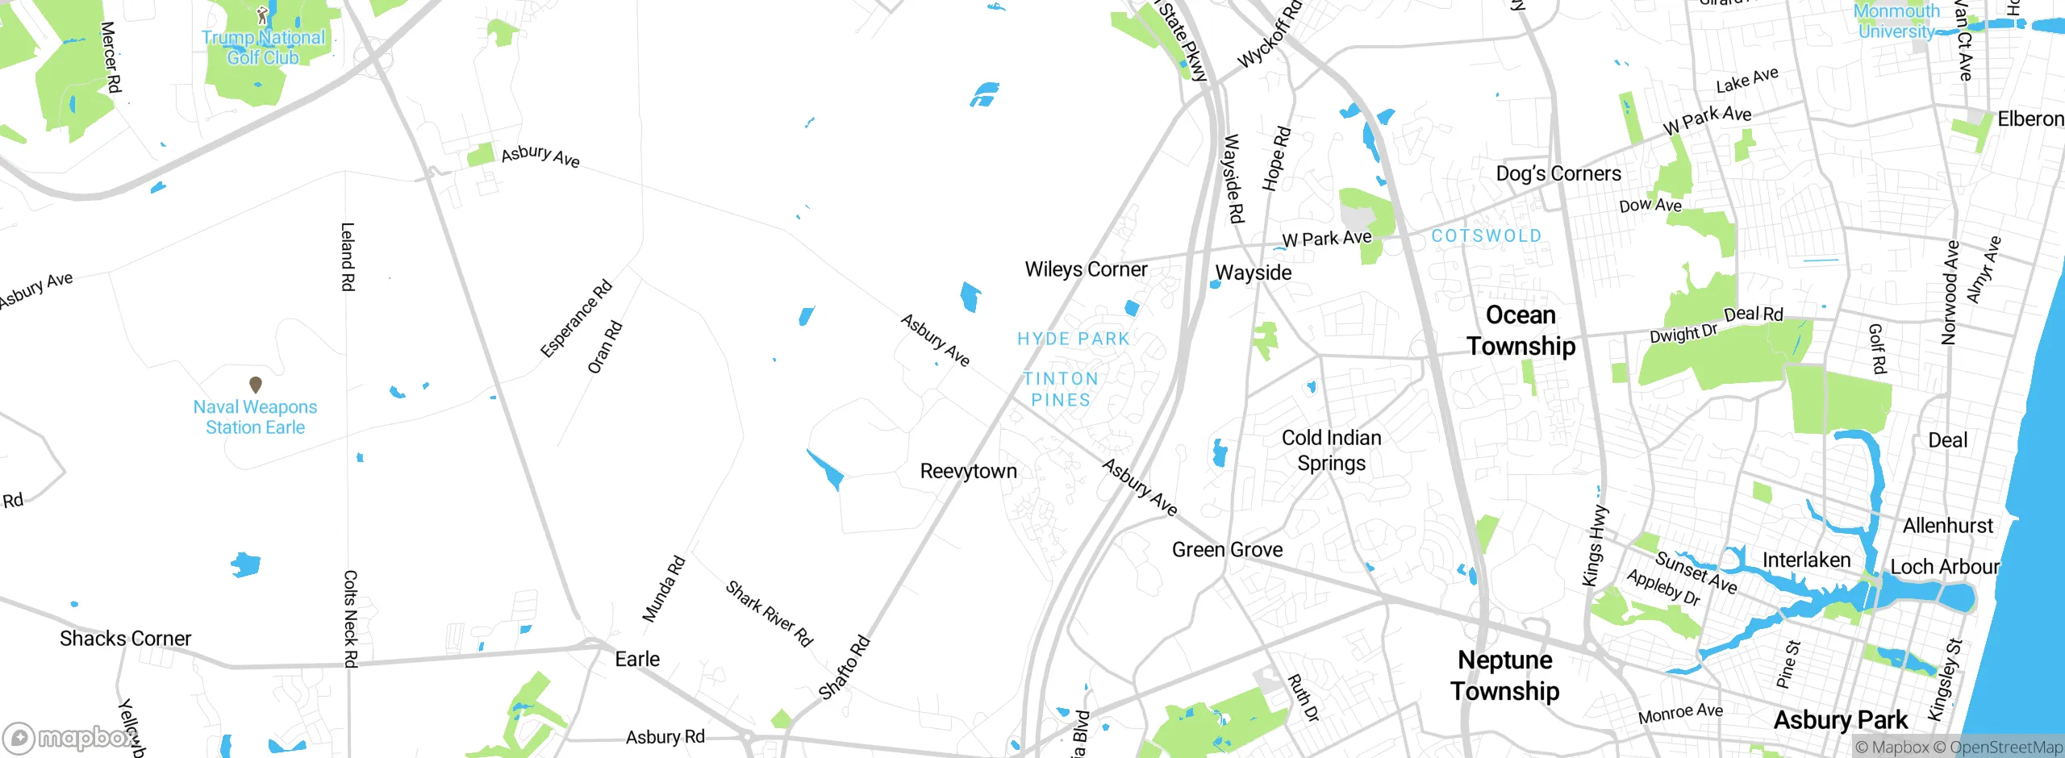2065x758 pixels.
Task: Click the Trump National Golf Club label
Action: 263,48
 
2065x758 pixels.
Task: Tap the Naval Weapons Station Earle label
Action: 255,417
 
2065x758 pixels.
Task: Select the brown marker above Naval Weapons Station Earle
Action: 256,385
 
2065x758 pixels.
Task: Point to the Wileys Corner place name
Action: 1086,269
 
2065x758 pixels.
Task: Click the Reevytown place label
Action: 968,471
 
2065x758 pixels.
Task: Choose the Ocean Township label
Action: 1521,331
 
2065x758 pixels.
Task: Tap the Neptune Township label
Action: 1505,675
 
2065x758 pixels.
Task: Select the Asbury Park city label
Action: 1840,719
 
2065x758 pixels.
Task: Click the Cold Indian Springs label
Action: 1332,450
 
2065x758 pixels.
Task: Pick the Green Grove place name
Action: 1227,550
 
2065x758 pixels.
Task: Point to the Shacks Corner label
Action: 125,639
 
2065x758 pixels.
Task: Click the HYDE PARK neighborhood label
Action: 1074,339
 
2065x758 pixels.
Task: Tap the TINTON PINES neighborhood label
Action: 1061,389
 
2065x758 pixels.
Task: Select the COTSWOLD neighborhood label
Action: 1486,235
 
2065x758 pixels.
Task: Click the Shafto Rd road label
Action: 845,667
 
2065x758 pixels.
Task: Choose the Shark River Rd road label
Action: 769,613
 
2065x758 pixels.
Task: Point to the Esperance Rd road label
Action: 576,319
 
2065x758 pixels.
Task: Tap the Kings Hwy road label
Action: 1595,546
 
